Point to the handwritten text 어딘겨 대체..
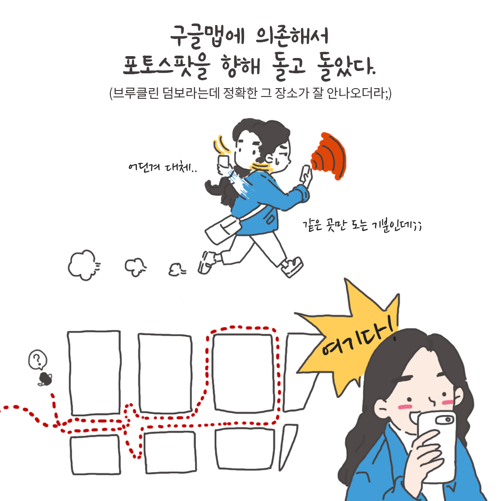point(162,167)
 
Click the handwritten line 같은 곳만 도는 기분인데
point(361,225)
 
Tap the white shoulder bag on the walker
point(222,230)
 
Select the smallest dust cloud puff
point(175,269)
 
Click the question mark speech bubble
point(38,360)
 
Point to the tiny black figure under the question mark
point(45,379)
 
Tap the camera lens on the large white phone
point(448,419)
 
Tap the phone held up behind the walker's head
point(224,161)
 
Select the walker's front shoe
point(293,268)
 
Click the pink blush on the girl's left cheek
point(405,406)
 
